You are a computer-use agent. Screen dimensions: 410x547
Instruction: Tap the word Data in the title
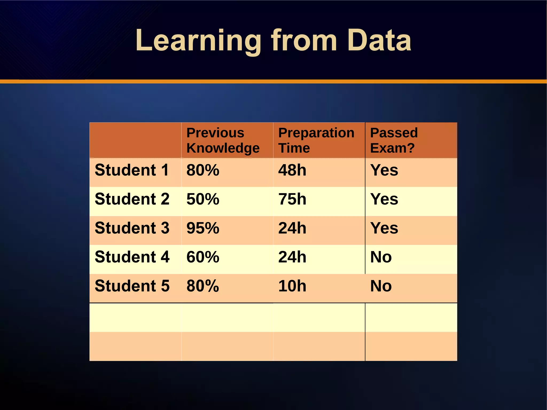(379, 41)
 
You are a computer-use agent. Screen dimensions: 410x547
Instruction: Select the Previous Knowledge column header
(223, 140)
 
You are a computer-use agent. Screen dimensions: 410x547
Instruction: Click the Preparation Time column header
(316, 140)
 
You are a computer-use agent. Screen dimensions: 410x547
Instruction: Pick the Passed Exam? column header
(394, 140)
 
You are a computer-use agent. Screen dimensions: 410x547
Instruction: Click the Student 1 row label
(132, 170)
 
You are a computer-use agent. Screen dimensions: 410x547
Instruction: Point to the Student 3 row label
(132, 228)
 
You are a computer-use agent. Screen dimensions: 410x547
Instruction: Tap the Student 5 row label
(132, 286)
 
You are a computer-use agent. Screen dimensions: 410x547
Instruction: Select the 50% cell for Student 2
(203, 199)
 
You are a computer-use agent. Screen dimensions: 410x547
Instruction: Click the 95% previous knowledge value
(203, 228)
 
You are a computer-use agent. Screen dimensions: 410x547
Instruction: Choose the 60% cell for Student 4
(203, 257)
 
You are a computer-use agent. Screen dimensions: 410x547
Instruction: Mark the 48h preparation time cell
(292, 170)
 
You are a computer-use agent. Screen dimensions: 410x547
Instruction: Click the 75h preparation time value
(292, 199)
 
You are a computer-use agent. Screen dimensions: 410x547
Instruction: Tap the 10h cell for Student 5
(292, 286)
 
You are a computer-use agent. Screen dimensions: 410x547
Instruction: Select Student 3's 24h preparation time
(292, 228)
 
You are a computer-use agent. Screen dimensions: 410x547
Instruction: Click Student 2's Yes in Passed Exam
(384, 199)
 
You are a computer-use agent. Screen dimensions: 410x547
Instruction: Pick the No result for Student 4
(381, 257)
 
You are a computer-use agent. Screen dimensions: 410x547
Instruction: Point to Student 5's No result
(381, 286)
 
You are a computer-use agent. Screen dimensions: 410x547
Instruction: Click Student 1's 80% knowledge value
(203, 170)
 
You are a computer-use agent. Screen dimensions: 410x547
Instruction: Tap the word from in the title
(304, 41)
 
